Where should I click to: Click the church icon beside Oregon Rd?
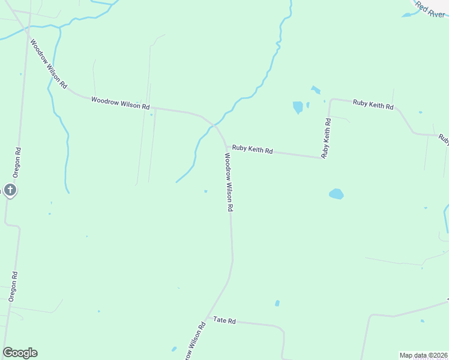[10, 190]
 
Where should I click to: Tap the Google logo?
[20, 353]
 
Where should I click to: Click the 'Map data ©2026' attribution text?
[424, 355]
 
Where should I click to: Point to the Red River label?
[430, 10]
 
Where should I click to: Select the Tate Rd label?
[224, 321]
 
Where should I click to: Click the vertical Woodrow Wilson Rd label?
[229, 181]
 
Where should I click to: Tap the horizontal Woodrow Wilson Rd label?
[120, 103]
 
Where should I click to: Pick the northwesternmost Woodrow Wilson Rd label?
[49, 64]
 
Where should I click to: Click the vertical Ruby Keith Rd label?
[327, 138]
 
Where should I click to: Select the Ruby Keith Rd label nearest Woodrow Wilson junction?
[253, 150]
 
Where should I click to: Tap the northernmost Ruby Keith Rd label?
[373, 106]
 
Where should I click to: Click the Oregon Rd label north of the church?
[19, 161]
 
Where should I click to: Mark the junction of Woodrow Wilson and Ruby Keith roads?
[226, 146]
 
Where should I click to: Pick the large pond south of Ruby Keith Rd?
[336, 194]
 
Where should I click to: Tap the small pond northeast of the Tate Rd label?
[277, 303]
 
